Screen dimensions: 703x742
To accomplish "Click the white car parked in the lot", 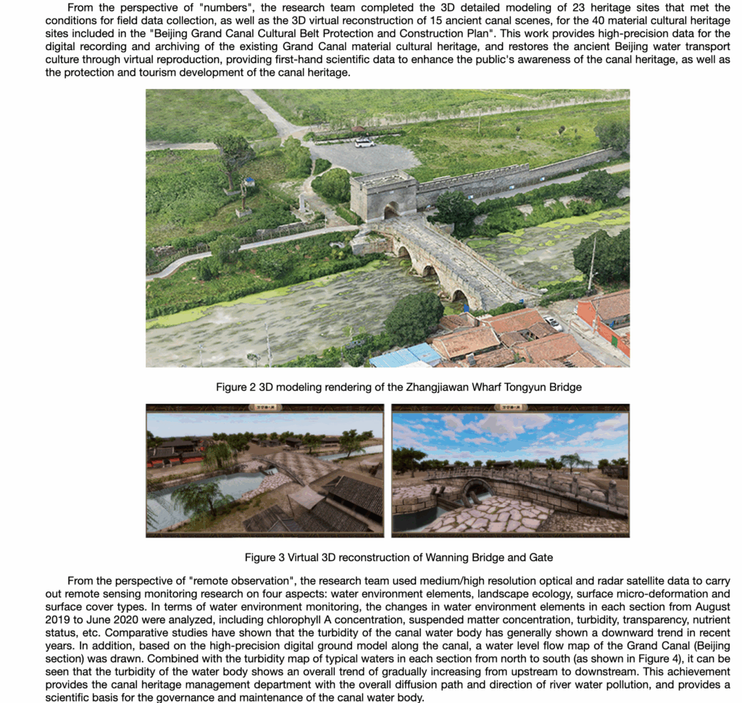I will click(x=364, y=143).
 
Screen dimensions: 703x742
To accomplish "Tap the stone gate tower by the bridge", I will click(x=383, y=194).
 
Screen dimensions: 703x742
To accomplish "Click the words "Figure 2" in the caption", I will click(x=235, y=387).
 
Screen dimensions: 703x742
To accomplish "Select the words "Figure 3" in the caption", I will click(x=264, y=557).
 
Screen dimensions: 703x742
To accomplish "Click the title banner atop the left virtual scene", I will click(x=264, y=408).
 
